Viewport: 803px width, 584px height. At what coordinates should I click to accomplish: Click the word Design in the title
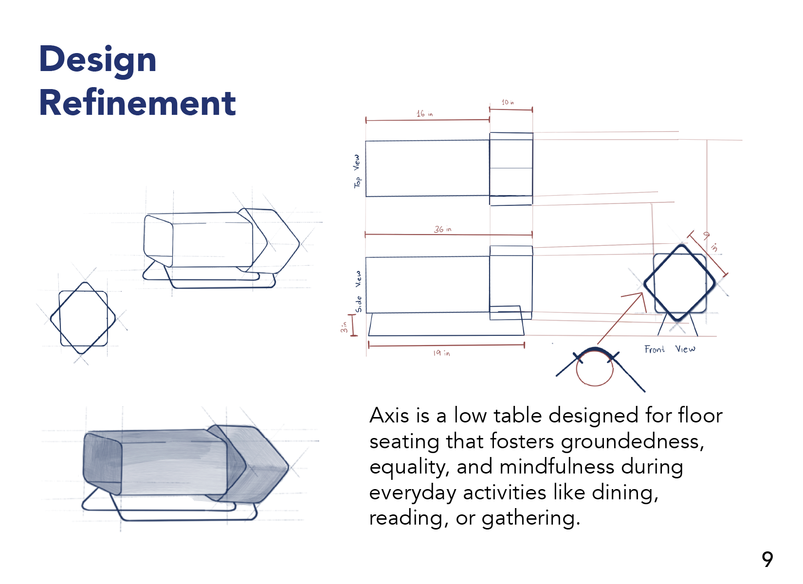pyautogui.click(x=97, y=59)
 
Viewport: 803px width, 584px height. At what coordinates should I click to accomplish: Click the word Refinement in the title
pyautogui.click(x=137, y=103)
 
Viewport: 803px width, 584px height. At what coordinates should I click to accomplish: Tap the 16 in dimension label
pyautogui.click(x=424, y=113)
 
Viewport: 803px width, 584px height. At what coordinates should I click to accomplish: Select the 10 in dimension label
pyautogui.click(x=508, y=102)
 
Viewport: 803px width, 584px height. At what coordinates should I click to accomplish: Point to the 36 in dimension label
pyautogui.click(x=442, y=229)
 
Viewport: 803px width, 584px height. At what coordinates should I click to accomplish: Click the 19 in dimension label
pyautogui.click(x=441, y=353)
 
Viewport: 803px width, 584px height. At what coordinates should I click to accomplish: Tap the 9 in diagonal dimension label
pyautogui.click(x=710, y=241)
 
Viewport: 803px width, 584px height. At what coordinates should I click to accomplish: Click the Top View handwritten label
pyautogui.click(x=357, y=171)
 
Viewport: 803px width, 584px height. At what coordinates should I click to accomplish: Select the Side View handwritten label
pyautogui.click(x=359, y=292)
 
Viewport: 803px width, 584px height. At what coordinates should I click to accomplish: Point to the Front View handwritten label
pyautogui.click(x=670, y=349)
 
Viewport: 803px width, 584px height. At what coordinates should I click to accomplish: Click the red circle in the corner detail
pyautogui.click(x=594, y=368)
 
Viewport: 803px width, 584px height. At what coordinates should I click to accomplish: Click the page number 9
pyautogui.click(x=767, y=560)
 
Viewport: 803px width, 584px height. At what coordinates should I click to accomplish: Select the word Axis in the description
pyautogui.click(x=389, y=416)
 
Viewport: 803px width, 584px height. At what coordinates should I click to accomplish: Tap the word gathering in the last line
pyautogui.click(x=530, y=518)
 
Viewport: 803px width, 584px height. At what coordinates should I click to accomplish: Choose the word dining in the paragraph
pyautogui.click(x=625, y=493)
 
